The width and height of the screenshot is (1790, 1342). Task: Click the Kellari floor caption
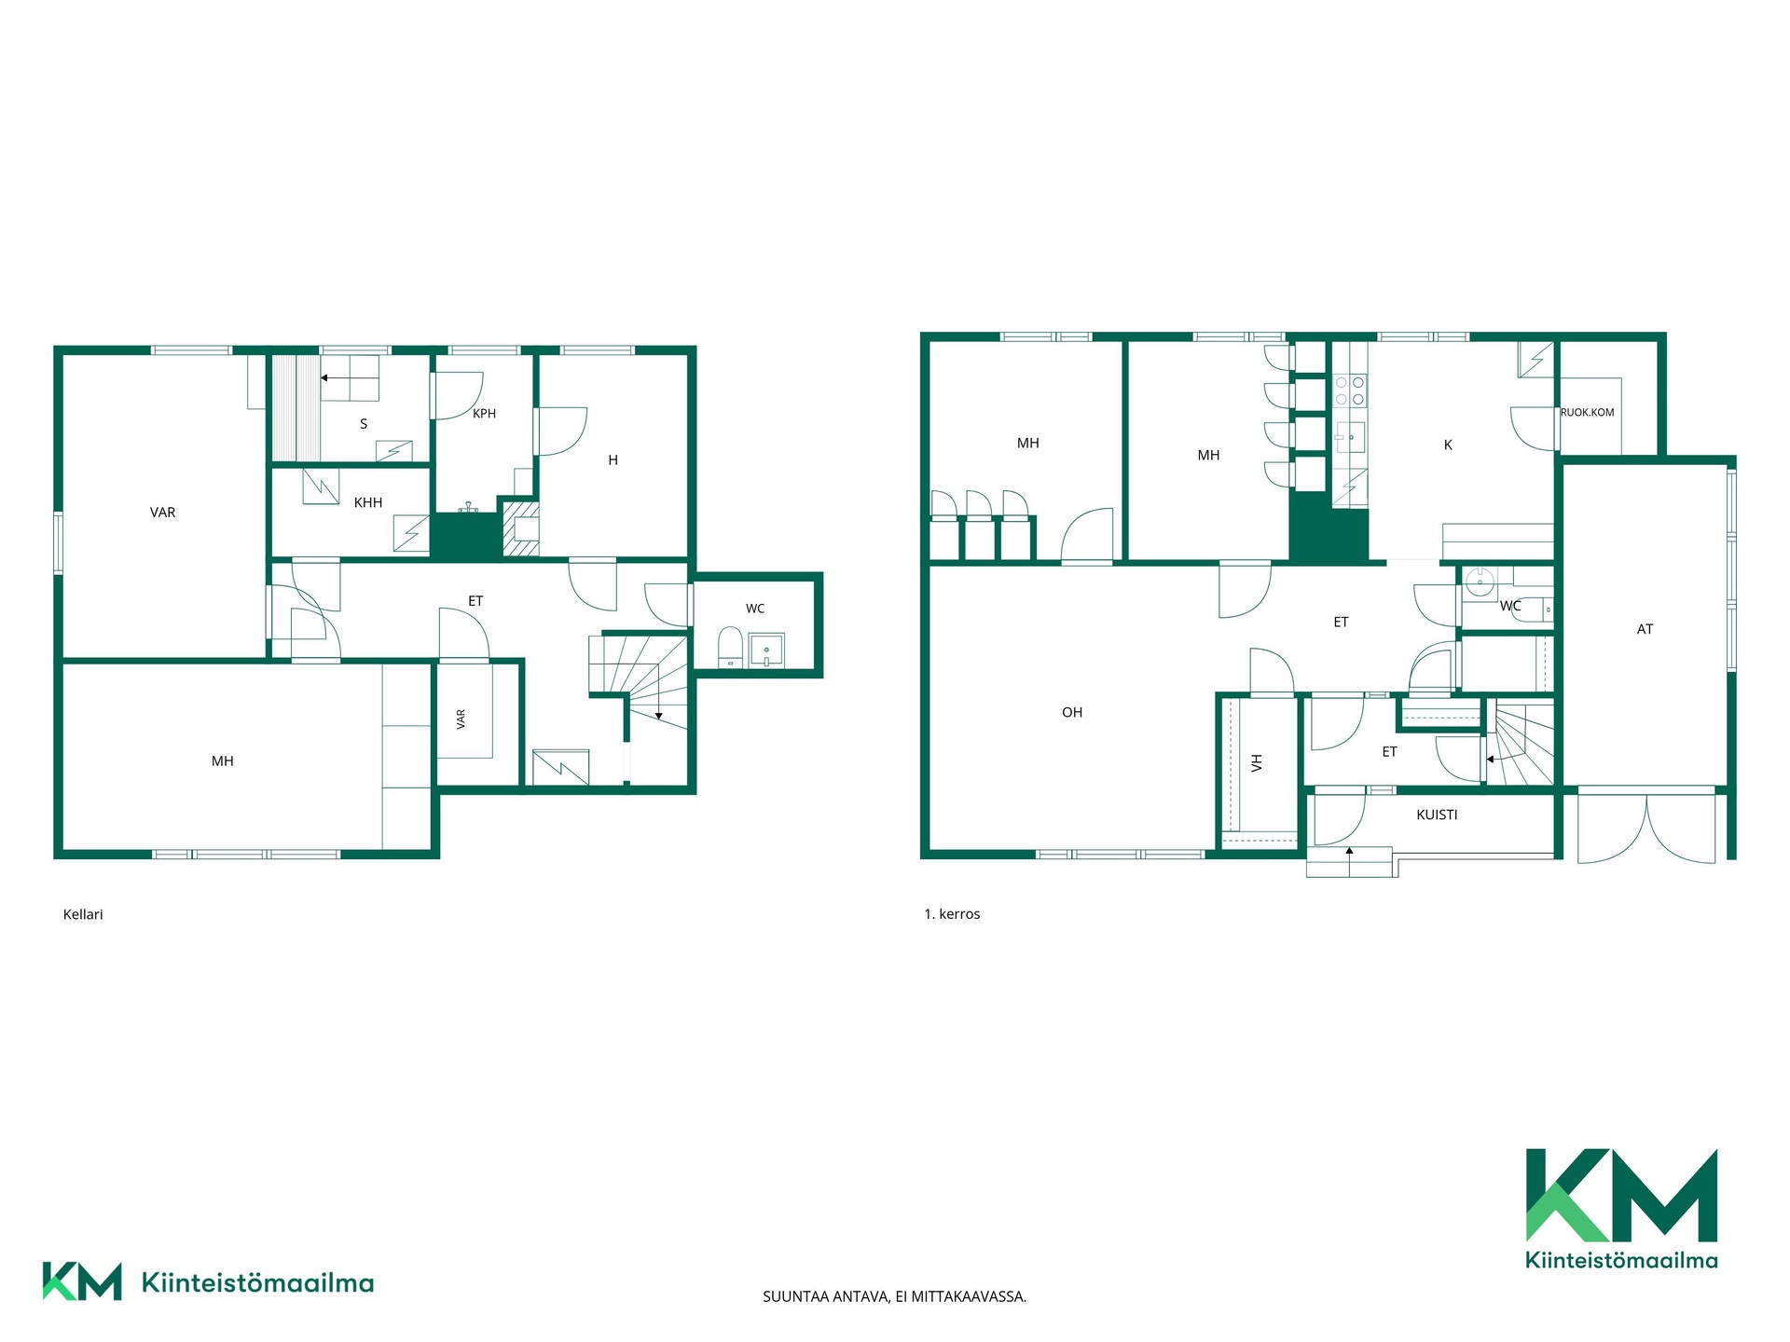pos(83,914)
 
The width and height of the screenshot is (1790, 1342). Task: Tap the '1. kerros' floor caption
pos(952,914)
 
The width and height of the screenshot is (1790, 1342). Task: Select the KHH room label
pos(368,502)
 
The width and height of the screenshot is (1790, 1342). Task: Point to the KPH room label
pos(484,414)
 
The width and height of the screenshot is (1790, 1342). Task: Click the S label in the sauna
pos(364,424)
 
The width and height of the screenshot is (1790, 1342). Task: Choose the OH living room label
pos(1072,712)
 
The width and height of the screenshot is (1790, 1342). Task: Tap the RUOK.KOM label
pos(1587,412)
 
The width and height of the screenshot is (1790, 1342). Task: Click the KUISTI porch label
pos(1437,815)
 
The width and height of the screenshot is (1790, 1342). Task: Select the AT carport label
pos(1645,629)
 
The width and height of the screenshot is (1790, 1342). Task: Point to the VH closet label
pos(1257,763)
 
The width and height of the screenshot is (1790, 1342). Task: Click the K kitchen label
pos(1448,445)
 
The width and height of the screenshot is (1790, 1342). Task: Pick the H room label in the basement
pos(613,459)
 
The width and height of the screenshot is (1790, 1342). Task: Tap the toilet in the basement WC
pos(730,648)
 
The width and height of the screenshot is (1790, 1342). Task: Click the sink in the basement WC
pos(765,650)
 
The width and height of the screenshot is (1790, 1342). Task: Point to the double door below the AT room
pos(1646,828)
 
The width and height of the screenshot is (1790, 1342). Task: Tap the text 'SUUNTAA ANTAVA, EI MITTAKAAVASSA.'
pos(895,1296)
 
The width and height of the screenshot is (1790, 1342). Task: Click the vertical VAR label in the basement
pos(461,719)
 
